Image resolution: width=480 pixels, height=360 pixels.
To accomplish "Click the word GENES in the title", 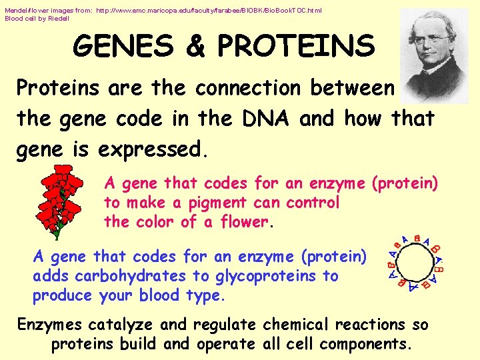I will click(x=124, y=46).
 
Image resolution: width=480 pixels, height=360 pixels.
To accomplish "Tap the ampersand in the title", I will click(x=195, y=46).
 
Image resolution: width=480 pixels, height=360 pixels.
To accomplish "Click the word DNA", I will click(x=266, y=119).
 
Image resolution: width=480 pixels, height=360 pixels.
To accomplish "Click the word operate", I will click(x=223, y=345).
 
